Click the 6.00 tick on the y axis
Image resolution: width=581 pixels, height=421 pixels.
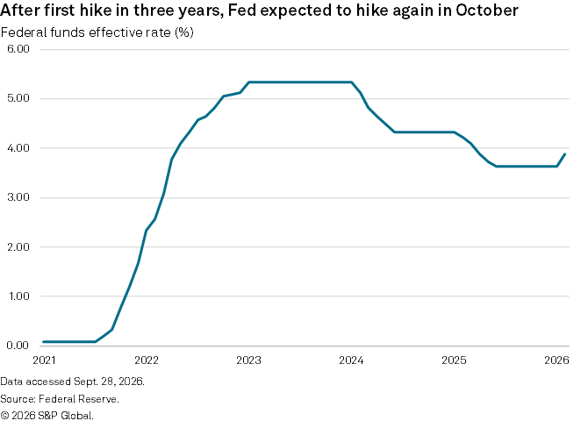tap(18, 49)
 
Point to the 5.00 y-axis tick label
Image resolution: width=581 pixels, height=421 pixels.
tap(18, 98)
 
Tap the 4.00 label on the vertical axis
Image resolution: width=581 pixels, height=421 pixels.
tap(18, 147)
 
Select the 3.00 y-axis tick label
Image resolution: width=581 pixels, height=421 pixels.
tap(18, 197)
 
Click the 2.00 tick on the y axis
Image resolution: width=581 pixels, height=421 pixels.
tap(18, 246)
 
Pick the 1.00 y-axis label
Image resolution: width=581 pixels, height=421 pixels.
tap(18, 296)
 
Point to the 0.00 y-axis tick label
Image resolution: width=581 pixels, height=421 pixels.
tap(18, 346)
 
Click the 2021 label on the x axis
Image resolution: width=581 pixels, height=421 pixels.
tap(44, 360)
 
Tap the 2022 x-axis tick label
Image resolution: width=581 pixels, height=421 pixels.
tap(147, 360)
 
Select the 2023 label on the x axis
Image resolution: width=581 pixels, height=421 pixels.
tap(248, 360)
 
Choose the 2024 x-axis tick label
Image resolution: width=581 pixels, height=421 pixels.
tap(351, 360)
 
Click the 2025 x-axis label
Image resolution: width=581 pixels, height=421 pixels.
tap(454, 360)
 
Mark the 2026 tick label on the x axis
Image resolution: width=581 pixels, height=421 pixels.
tap(556, 360)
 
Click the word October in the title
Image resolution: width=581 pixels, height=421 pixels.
tap(487, 11)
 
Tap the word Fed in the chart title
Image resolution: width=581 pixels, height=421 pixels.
tap(242, 11)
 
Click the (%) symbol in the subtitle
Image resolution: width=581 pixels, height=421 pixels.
tap(183, 32)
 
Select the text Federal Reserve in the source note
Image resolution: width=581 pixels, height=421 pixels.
tap(79, 399)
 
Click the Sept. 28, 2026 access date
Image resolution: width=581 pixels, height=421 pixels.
tap(109, 382)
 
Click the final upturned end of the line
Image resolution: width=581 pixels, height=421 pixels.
tap(564, 154)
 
